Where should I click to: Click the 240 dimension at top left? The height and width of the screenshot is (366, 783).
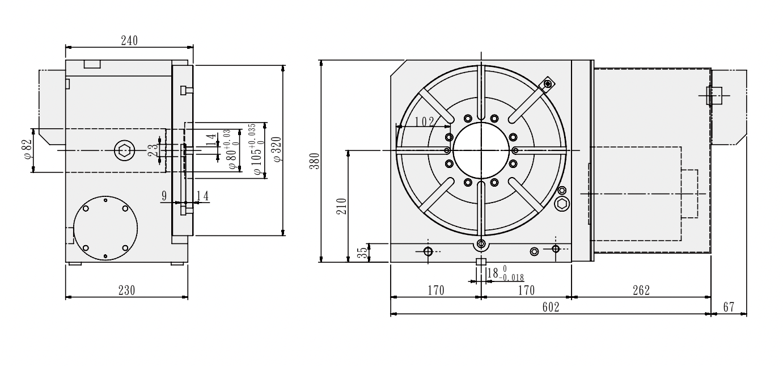pyautogui.click(x=129, y=41)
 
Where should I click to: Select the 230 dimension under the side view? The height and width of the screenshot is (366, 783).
pyautogui.click(x=126, y=291)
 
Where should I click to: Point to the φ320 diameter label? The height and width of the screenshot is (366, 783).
pyautogui.click(x=277, y=149)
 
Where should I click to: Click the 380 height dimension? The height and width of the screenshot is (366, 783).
pyautogui.click(x=315, y=161)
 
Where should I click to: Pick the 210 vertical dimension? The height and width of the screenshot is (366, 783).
pyautogui.click(x=341, y=207)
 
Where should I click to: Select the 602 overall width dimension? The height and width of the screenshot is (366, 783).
pyautogui.click(x=551, y=307)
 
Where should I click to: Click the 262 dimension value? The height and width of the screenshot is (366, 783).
pyautogui.click(x=641, y=291)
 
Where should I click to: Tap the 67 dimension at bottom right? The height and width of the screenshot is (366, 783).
pyautogui.click(x=729, y=307)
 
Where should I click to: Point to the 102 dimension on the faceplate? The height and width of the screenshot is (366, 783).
pyautogui.click(x=424, y=121)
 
